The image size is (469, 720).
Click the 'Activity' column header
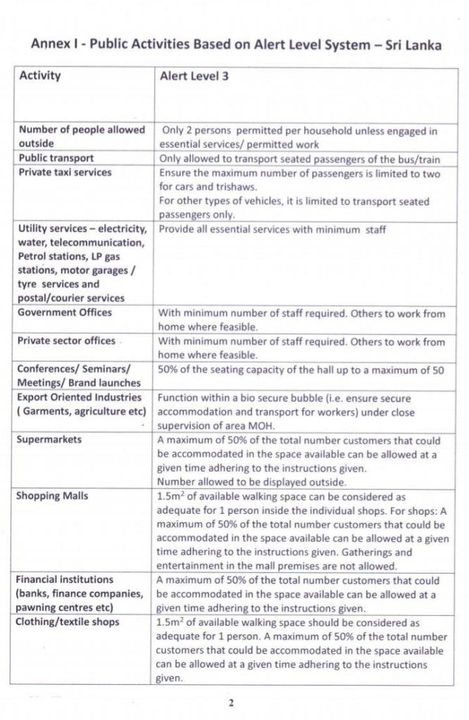[x=40, y=76]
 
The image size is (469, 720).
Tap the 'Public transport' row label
[x=56, y=158]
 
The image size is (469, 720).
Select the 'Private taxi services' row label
[x=65, y=172]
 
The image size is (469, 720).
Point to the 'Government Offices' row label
[x=65, y=312]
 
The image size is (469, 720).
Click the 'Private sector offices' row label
[x=66, y=341]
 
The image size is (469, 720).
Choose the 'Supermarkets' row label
[x=49, y=439]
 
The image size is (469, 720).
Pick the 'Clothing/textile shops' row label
[x=68, y=622]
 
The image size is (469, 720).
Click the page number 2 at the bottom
[x=230, y=702]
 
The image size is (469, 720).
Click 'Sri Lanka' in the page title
[x=413, y=45]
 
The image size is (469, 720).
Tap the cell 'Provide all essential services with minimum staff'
[x=272, y=229]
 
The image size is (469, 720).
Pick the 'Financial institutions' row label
[x=65, y=580]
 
